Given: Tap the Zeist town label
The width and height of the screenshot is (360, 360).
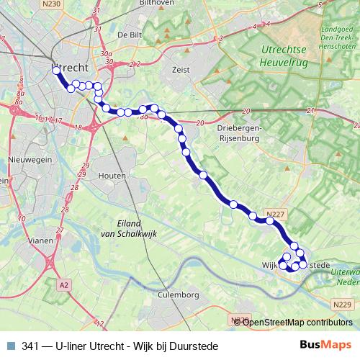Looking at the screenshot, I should pos(179,70).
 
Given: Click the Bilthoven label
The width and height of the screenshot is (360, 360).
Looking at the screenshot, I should pos(161,3).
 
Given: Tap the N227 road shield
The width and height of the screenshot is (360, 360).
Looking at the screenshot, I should pos(275,214).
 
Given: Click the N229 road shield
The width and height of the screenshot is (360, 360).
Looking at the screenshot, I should pos(343,305).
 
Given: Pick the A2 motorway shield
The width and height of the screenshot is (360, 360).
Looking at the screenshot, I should pos(64,285).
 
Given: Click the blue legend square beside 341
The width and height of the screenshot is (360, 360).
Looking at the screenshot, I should pos(9,345).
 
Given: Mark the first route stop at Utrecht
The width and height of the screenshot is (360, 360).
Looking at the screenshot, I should pos(56,71).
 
